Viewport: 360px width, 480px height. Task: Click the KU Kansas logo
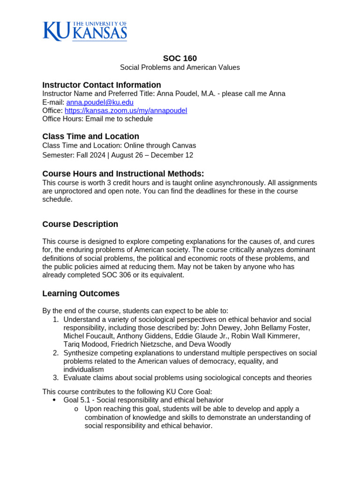tap(85, 31)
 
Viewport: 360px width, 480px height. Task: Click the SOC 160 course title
tap(180, 59)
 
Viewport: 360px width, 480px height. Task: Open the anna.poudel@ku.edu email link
tap(100, 102)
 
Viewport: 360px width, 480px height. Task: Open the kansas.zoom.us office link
tap(126, 111)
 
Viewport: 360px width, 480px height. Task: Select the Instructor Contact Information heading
tap(102, 85)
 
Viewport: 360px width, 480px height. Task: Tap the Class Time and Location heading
tap(90, 136)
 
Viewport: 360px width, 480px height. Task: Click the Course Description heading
tap(80, 224)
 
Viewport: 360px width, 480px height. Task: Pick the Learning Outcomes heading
tap(81, 293)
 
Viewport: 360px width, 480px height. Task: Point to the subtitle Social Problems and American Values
tap(180, 67)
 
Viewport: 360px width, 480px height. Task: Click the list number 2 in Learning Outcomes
tap(55, 353)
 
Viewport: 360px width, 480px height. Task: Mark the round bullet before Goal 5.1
tap(54, 400)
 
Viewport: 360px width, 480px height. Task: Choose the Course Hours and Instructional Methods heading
tap(123, 173)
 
